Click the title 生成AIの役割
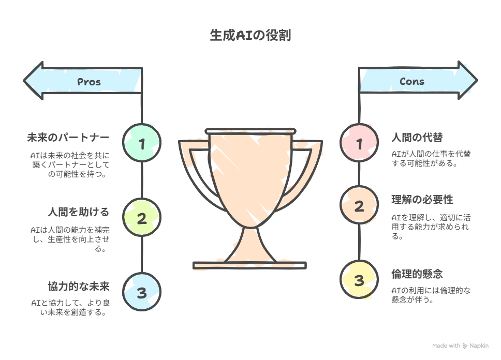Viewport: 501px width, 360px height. pyautogui.click(x=250, y=35)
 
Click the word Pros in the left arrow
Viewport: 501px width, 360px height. pyautogui.click(x=89, y=82)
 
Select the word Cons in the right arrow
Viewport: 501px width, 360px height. pyautogui.click(x=412, y=81)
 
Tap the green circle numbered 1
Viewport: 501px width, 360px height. pyautogui.click(x=142, y=142)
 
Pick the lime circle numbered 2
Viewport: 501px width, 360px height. pyautogui.click(x=142, y=217)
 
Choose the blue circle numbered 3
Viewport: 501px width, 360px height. pyautogui.click(x=142, y=292)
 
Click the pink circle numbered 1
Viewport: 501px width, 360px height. pyautogui.click(x=359, y=142)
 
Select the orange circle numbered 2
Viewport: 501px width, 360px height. pyautogui.click(x=359, y=205)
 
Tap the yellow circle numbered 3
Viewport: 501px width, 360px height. pyautogui.click(x=359, y=279)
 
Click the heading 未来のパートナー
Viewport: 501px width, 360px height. pyautogui.click(x=68, y=138)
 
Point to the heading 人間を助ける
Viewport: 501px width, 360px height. pyautogui.click(x=79, y=212)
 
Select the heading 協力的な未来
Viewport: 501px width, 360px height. pyautogui.click(x=79, y=287)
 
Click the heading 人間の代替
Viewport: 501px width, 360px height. pyautogui.click(x=417, y=138)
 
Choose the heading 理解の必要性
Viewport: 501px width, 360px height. pyautogui.click(x=422, y=200)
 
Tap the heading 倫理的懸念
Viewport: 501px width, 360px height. pyautogui.click(x=417, y=274)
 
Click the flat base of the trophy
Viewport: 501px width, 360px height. pyautogui.click(x=249, y=265)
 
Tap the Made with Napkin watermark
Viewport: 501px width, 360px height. pyautogui.click(x=460, y=346)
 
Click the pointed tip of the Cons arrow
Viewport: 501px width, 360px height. pyautogui.click(x=477, y=81)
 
